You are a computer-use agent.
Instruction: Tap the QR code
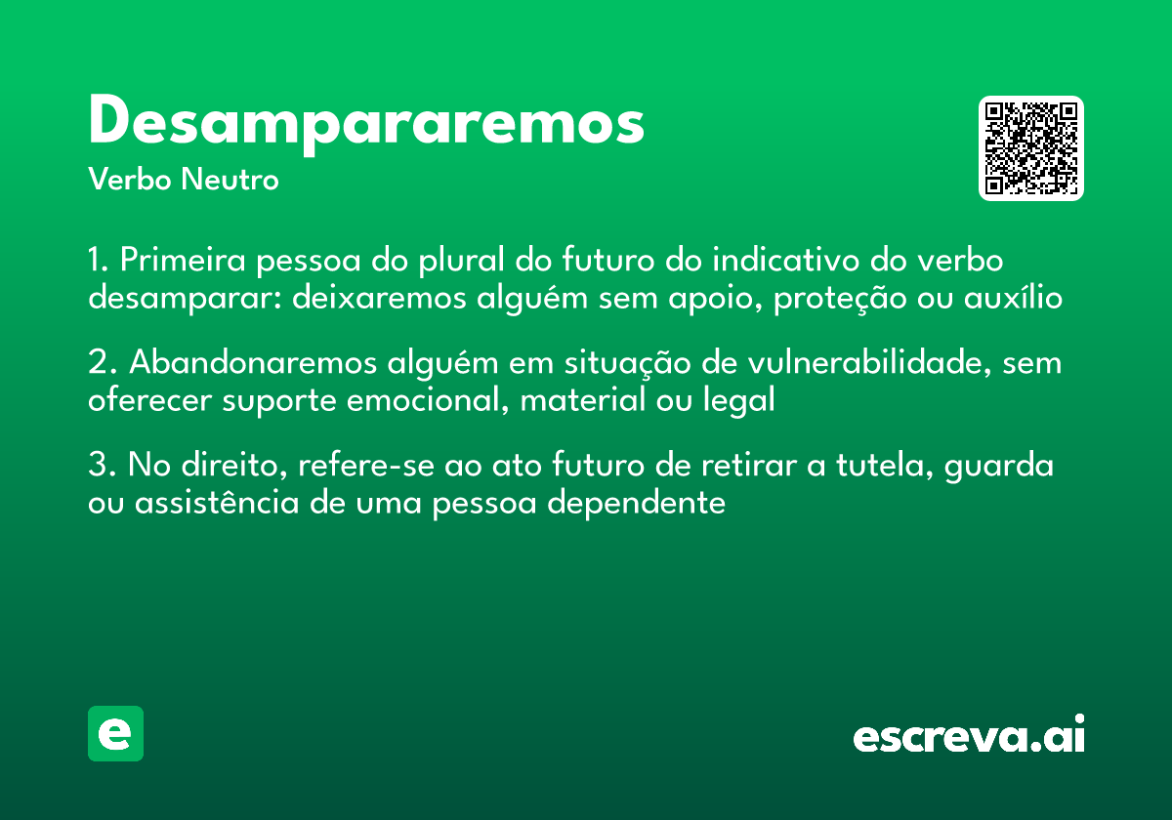click(1031, 148)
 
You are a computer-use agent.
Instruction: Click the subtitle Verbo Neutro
click(184, 180)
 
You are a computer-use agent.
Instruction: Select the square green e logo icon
click(115, 733)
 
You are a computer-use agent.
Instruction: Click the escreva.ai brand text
click(969, 736)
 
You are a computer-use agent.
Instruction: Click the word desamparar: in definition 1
click(186, 298)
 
